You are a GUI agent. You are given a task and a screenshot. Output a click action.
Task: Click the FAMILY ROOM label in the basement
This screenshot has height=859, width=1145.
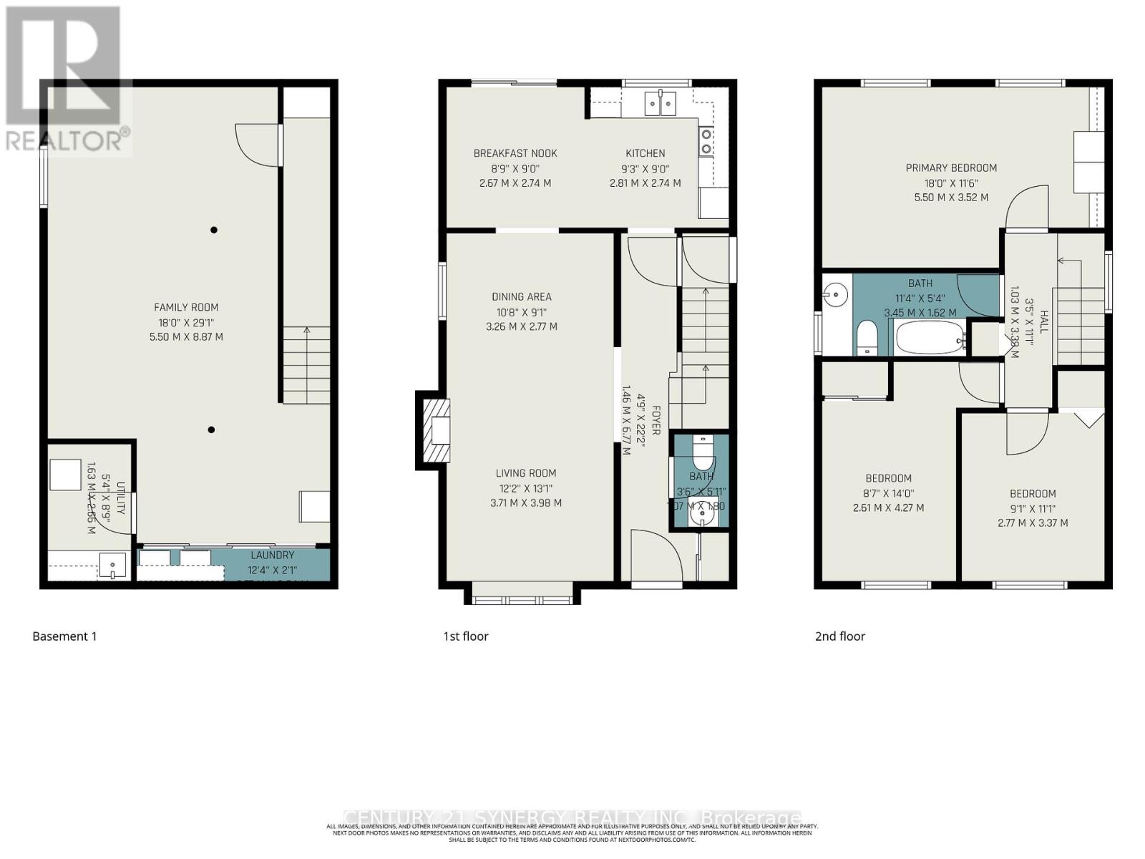click(186, 307)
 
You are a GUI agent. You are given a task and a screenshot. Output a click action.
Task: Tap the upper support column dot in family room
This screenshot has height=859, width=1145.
click(213, 230)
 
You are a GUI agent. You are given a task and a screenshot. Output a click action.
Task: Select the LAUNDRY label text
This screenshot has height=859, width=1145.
click(272, 555)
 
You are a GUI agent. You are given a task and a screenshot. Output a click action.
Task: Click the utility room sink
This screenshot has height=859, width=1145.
click(113, 566)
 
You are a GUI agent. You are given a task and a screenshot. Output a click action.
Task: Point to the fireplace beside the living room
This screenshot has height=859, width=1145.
click(436, 431)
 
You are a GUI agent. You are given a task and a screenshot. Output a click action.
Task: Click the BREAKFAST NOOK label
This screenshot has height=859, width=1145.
click(515, 153)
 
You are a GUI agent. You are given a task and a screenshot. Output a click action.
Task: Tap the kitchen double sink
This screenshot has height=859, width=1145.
click(660, 104)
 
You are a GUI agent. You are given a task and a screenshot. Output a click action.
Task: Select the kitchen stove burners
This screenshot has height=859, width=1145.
click(706, 141)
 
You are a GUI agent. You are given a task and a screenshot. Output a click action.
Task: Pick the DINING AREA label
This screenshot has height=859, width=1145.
click(521, 296)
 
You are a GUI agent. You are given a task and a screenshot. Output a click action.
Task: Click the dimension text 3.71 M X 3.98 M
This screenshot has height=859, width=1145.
click(525, 503)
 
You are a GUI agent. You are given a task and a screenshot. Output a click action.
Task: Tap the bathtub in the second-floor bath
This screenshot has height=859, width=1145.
click(927, 339)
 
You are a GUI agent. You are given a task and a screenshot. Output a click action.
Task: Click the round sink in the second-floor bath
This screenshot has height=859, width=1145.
click(835, 292)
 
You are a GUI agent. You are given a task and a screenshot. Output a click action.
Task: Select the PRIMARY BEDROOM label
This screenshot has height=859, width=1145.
click(950, 168)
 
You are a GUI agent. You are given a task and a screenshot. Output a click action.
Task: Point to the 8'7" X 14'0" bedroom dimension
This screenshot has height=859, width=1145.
click(888, 493)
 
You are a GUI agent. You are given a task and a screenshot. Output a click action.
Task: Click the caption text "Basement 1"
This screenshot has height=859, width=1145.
click(64, 636)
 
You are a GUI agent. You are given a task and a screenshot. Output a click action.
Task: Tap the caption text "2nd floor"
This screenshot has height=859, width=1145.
click(839, 636)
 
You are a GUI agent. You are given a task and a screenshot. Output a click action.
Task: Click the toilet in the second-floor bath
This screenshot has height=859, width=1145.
click(867, 337)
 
